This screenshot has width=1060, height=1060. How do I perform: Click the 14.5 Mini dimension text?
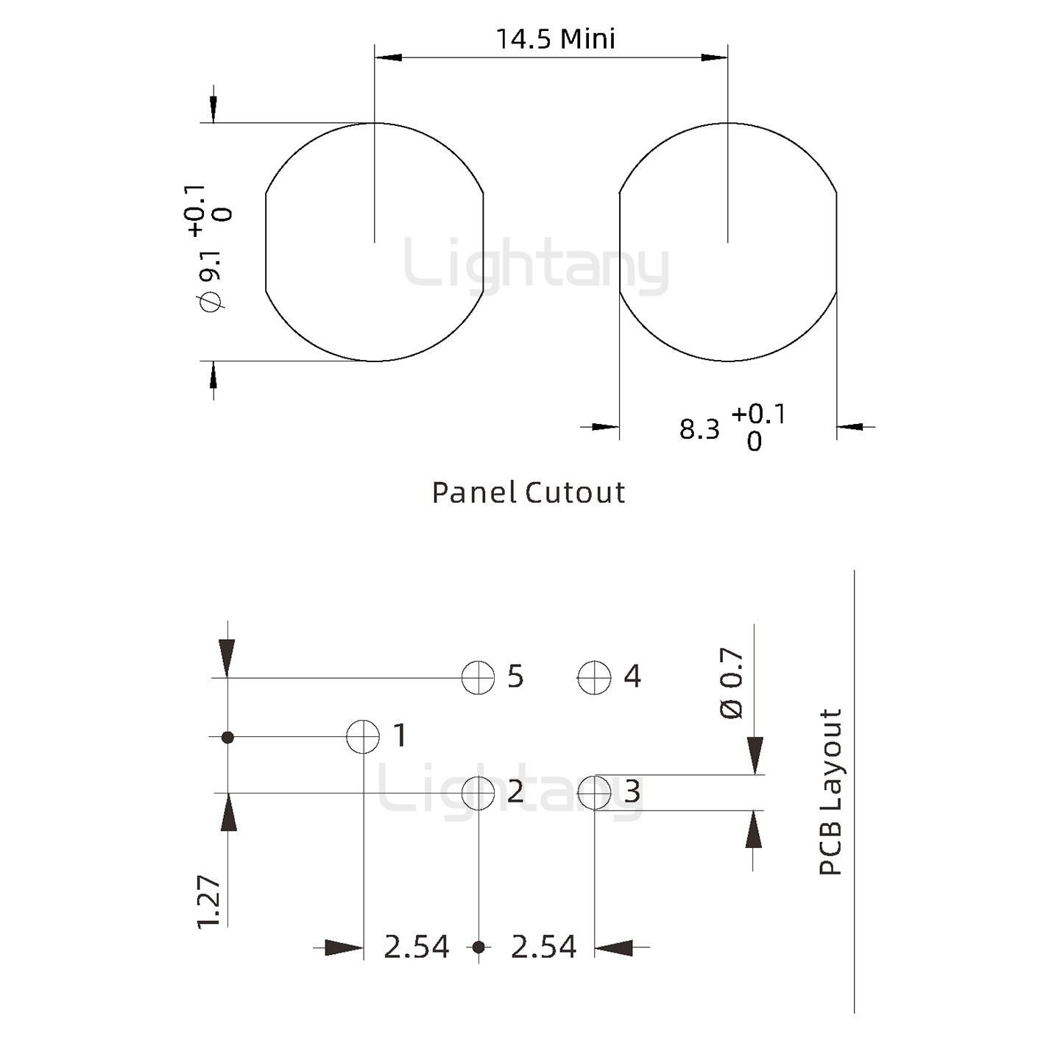point(556,39)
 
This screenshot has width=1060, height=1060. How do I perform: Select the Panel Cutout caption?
point(529,492)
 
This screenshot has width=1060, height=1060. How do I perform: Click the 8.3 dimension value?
point(699,430)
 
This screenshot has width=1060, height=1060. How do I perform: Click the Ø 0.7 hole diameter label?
point(732,684)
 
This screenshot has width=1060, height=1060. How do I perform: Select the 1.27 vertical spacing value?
point(210,902)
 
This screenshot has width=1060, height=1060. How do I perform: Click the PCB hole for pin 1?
point(363,737)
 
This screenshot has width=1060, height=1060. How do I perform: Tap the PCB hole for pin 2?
point(478,794)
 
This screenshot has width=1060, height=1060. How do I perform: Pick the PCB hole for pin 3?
point(594,794)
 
